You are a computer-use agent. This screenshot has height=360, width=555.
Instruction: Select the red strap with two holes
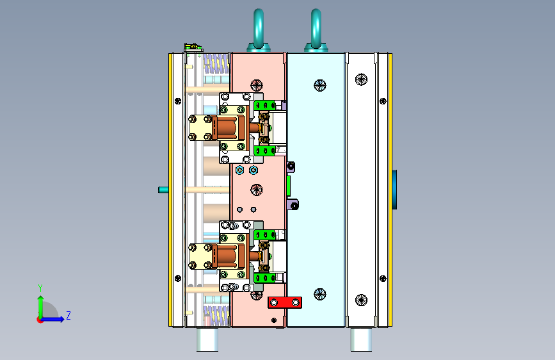(285, 302)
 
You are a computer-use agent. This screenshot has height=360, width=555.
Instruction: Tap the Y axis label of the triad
(40, 288)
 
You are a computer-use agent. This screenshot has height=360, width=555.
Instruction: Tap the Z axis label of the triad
(68, 315)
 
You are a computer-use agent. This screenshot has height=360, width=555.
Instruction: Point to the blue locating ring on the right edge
(394, 190)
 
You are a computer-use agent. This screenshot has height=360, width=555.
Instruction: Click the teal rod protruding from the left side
(163, 190)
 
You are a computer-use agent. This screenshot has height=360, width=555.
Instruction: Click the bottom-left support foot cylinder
(207, 340)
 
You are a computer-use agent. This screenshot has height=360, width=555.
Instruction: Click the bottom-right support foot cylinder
(361, 340)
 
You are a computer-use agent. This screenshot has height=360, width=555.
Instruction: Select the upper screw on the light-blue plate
(320, 85)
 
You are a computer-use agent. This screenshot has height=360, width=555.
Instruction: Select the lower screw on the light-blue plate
(320, 294)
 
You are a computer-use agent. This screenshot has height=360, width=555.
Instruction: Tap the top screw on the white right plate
(361, 79)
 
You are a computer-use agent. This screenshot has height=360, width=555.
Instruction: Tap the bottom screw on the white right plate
(361, 300)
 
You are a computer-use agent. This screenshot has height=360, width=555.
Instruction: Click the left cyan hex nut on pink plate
(239, 170)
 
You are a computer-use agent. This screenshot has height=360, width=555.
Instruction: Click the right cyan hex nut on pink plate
(253, 170)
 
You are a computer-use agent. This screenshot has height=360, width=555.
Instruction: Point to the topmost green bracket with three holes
(265, 105)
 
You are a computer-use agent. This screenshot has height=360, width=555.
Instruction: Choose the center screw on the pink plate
(257, 190)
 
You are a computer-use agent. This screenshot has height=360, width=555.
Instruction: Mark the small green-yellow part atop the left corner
(193, 47)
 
